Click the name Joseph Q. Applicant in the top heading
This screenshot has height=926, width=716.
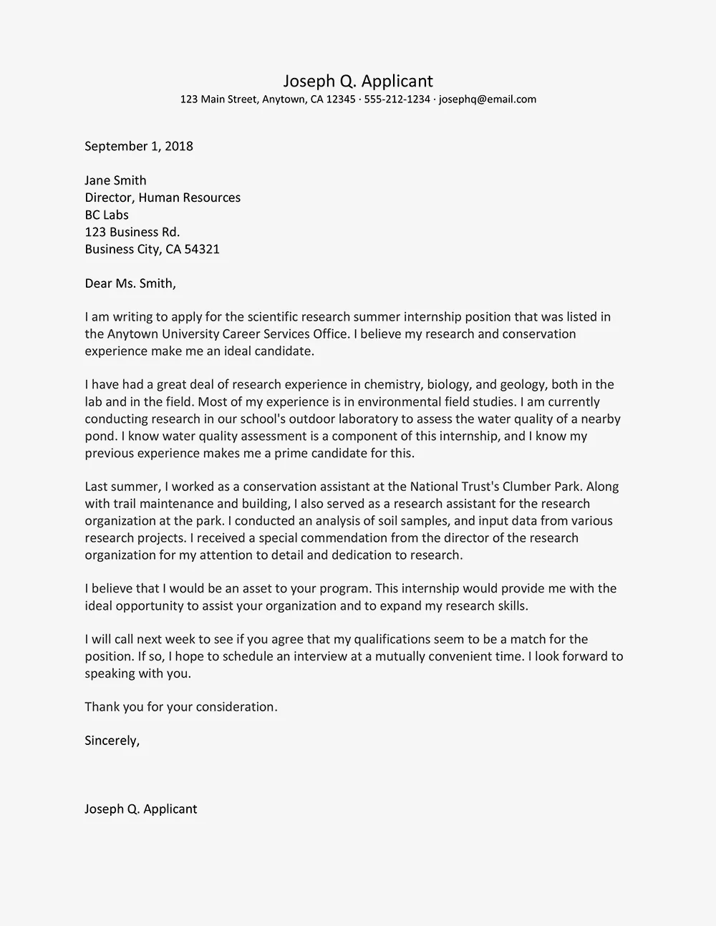tap(357, 81)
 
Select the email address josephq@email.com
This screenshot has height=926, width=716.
tap(488, 99)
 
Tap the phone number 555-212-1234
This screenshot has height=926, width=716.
tap(397, 99)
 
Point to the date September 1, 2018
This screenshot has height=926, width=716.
tap(139, 146)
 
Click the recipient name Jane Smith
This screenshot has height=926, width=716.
tap(115, 180)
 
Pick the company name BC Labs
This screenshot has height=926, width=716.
tap(107, 215)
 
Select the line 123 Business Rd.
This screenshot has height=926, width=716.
tap(132, 232)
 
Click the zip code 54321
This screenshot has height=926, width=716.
tap(203, 249)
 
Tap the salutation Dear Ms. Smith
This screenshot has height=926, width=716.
tap(130, 283)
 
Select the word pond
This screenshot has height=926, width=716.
tap(99, 437)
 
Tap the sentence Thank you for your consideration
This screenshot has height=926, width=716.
tap(180, 707)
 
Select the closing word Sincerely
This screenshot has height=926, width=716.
tap(112, 741)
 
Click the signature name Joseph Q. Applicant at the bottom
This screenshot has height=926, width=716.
tap(140, 809)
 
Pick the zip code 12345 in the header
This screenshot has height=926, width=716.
tap(341, 99)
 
